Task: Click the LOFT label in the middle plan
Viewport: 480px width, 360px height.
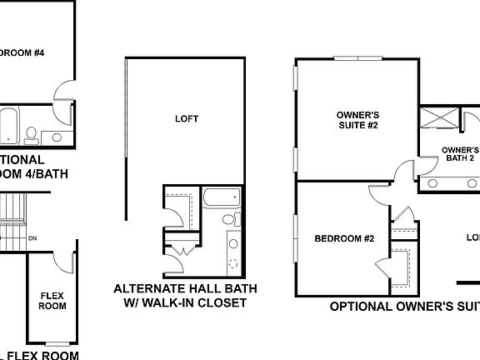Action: tap(187, 118)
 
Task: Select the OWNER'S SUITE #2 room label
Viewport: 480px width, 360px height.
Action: tap(357, 120)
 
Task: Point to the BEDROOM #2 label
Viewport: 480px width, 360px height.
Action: tap(344, 239)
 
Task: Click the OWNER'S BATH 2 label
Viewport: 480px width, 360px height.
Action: tap(461, 152)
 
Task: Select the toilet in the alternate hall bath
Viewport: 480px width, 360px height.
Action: tap(227, 219)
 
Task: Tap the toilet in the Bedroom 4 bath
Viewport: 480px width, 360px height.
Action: tap(32, 133)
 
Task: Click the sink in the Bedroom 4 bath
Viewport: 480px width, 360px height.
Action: tap(57, 137)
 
